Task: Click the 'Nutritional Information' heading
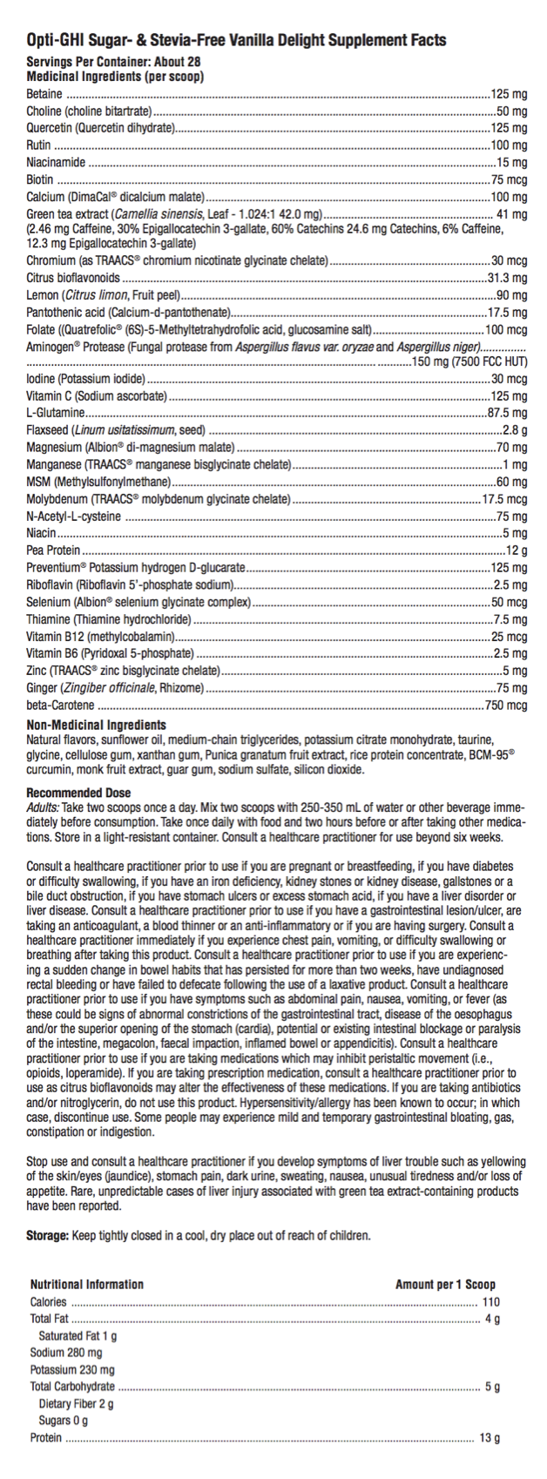(86, 1284)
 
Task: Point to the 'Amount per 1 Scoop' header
(444, 1284)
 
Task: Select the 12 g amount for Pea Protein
(517, 550)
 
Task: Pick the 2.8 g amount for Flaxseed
(514, 430)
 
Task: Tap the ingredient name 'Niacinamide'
(56, 162)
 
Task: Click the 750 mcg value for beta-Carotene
(507, 705)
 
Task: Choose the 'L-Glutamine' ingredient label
(56, 413)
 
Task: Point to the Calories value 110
(490, 1301)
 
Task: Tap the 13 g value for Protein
(490, 1437)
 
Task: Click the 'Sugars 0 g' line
(63, 1420)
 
